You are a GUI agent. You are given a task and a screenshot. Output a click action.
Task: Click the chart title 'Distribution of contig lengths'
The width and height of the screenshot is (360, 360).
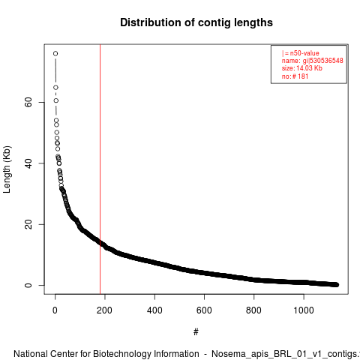point(196,22)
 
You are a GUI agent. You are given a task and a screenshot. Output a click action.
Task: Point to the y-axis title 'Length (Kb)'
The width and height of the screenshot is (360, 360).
point(7,169)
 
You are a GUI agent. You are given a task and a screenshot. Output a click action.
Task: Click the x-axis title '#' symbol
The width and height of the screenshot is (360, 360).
point(196,332)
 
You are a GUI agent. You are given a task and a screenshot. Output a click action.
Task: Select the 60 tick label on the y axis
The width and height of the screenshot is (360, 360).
point(28,102)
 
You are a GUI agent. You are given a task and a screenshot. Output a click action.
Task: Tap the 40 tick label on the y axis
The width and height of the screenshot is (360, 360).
point(28,163)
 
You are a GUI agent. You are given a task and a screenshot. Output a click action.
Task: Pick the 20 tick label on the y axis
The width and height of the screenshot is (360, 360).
point(28,224)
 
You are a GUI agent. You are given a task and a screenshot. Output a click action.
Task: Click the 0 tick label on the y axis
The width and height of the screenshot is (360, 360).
point(28,285)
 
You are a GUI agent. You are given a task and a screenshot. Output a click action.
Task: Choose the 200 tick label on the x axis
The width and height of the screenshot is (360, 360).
point(105,310)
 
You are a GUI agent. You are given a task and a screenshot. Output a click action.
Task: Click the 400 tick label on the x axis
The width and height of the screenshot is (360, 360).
point(154,310)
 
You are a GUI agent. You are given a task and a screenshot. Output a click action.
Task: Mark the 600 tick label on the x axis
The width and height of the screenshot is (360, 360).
point(204,310)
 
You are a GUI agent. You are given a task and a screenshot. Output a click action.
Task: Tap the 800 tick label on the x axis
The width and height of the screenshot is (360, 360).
point(253,310)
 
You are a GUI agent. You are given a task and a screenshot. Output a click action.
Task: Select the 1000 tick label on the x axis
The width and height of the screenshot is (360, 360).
point(304,310)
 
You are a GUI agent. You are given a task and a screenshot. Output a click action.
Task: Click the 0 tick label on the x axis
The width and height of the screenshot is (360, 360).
point(55,310)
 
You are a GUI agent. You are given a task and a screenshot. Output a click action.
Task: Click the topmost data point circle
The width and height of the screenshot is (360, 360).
point(55,53)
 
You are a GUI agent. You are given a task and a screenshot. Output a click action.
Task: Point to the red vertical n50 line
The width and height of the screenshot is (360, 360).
point(100,169)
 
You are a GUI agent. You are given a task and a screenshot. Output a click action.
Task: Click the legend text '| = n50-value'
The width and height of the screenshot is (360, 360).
point(301,53)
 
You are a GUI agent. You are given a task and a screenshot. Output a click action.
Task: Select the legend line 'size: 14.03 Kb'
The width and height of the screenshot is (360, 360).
point(302,68)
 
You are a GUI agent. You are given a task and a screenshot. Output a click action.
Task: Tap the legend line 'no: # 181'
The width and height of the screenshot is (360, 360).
point(295,76)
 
